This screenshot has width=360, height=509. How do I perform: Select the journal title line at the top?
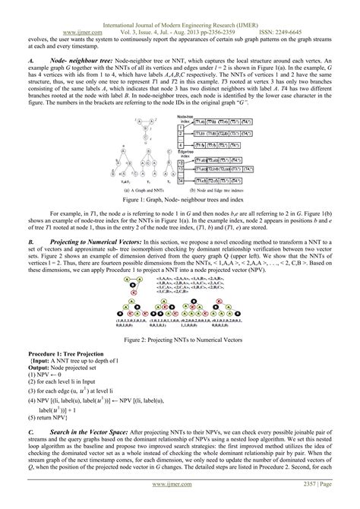point(180,5)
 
